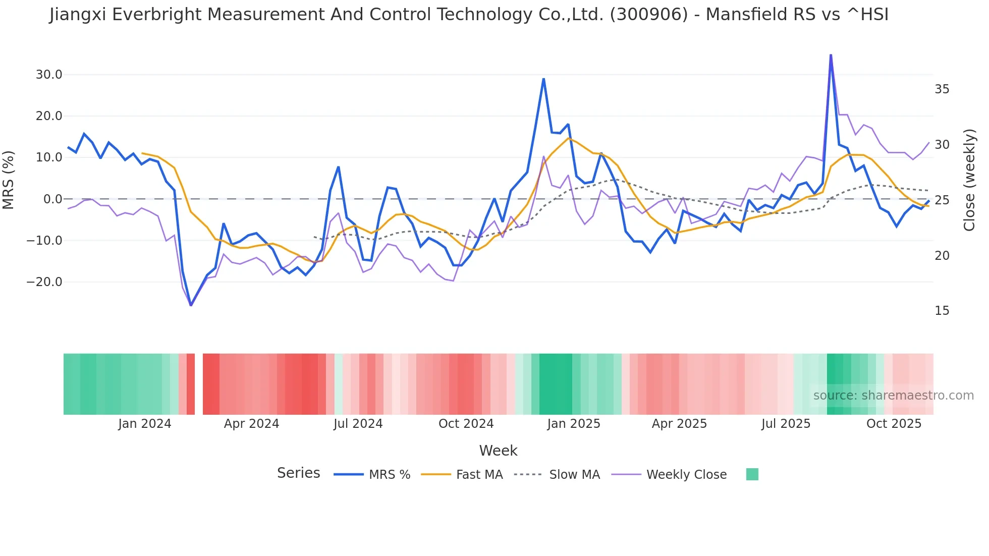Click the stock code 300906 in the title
[648, 15]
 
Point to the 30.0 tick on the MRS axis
[49, 75]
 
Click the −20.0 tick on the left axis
[45, 282]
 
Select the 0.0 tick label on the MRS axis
[53, 199]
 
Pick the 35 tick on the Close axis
[942, 89]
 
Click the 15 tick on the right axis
[942, 311]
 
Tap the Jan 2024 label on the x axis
[145, 424]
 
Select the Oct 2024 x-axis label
[466, 424]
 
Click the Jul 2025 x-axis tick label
[786, 424]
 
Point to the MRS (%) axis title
[9, 180]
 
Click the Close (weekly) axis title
[969, 180]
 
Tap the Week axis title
[498, 451]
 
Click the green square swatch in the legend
[752, 474]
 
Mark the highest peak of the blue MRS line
[831, 55]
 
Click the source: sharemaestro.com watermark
[893, 396]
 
